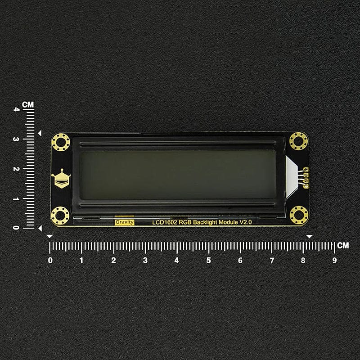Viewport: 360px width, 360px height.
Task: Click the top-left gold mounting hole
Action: click(x=60, y=142)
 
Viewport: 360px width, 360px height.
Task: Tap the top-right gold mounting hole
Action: click(x=298, y=141)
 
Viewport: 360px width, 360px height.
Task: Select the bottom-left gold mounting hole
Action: click(x=60, y=216)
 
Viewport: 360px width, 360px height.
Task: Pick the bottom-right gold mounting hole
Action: click(x=299, y=215)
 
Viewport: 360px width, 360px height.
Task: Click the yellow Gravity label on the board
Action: click(x=124, y=222)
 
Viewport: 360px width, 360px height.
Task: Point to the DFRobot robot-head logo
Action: click(x=61, y=179)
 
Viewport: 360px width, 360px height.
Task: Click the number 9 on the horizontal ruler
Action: click(x=334, y=261)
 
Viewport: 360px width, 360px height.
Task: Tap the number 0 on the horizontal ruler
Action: click(x=50, y=261)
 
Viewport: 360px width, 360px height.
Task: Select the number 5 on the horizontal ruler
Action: click(x=208, y=261)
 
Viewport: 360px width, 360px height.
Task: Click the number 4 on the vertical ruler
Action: click(x=17, y=109)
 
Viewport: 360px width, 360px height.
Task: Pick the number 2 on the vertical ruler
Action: click(x=17, y=169)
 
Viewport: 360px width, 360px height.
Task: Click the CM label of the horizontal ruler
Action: click(x=343, y=245)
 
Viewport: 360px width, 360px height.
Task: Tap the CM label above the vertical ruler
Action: click(x=28, y=104)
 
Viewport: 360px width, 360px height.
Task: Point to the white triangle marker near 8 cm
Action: click(x=309, y=236)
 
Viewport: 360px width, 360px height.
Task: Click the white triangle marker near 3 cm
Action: click(x=40, y=133)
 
